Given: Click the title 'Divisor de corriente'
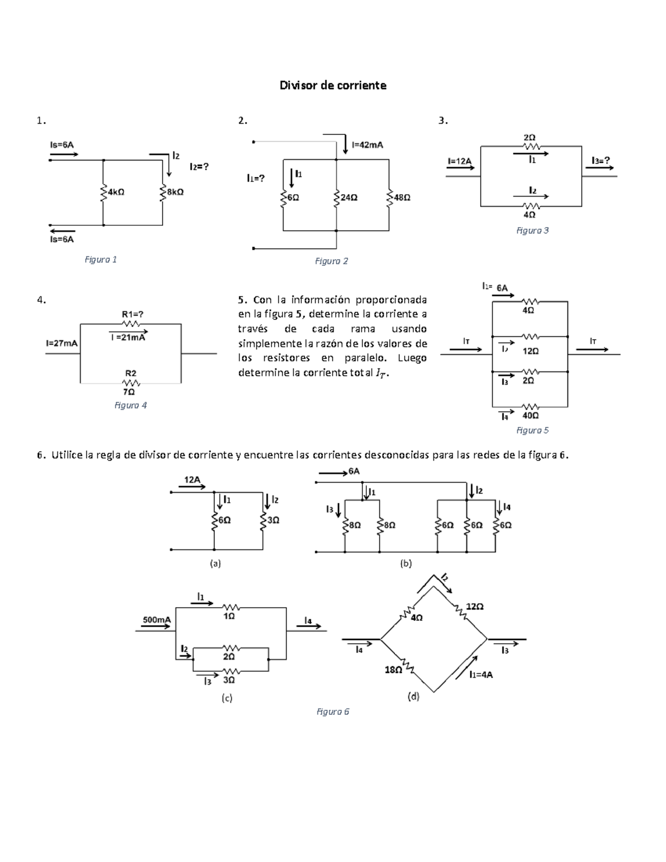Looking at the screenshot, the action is pyautogui.click(x=333, y=85).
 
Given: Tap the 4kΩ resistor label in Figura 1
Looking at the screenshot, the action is pyautogui.click(x=116, y=192).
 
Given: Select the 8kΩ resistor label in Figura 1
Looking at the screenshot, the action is pyautogui.click(x=175, y=192).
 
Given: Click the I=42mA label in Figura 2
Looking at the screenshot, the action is pyautogui.click(x=368, y=145).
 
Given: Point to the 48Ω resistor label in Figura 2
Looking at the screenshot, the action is pyautogui.click(x=402, y=197).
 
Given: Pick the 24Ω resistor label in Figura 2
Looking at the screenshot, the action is pyautogui.click(x=349, y=197).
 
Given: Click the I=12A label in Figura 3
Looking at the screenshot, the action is pyautogui.click(x=460, y=161).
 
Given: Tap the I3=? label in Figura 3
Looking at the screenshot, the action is pyautogui.click(x=601, y=160).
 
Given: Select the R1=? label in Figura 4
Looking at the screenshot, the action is pyautogui.click(x=133, y=314).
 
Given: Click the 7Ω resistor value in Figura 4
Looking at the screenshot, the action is pyautogui.click(x=129, y=392).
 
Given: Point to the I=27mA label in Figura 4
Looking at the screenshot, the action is pyautogui.click(x=62, y=343).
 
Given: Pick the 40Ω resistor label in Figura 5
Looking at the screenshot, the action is pyautogui.click(x=531, y=415).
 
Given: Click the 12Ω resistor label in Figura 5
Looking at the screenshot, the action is pyautogui.click(x=531, y=351).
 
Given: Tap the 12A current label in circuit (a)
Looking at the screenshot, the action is pyautogui.click(x=192, y=480).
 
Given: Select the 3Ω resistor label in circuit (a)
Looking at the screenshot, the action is pyautogui.click(x=274, y=520).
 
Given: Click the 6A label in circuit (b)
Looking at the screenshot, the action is pyautogui.click(x=354, y=471).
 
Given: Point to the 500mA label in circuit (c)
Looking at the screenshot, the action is pyautogui.click(x=157, y=619).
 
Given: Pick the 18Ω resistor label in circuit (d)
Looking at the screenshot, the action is pyautogui.click(x=393, y=670).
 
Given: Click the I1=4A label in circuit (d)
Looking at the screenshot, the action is pyautogui.click(x=481, y=674).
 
